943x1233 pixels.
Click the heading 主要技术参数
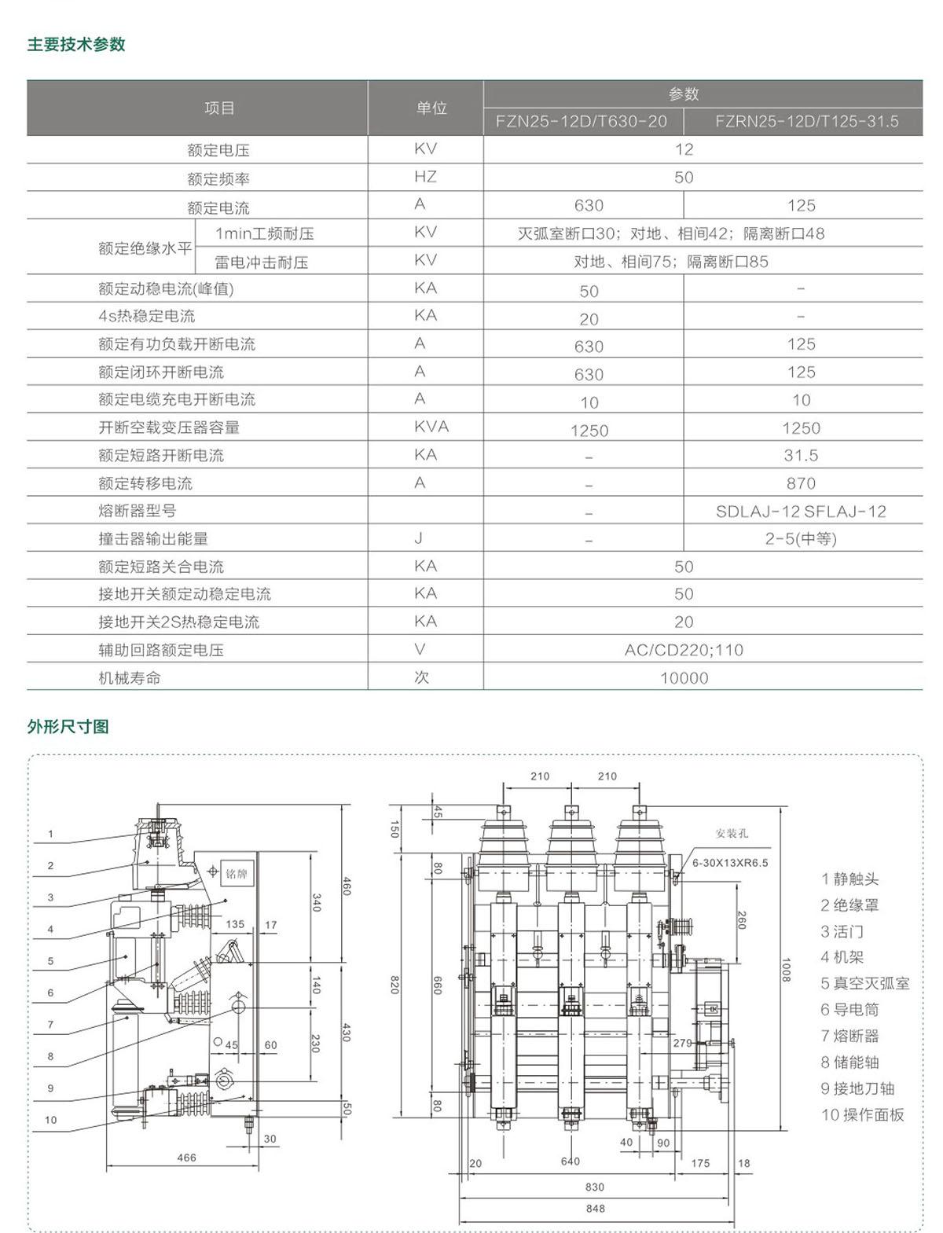[76, 45]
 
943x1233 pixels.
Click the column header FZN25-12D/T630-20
[582, 122]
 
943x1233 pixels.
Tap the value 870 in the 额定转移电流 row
[801, 483]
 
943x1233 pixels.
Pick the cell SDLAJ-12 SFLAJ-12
[801, 512]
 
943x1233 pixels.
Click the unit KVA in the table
[431, 427]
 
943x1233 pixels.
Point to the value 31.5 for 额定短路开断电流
[801, 456]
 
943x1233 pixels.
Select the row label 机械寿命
[130, 677]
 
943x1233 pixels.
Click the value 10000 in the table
[684, 678]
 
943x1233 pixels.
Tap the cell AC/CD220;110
[684, 650]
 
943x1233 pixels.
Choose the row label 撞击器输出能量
[153, 539]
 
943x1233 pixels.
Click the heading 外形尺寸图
[68, 727]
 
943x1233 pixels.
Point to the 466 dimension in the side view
[186, 1158]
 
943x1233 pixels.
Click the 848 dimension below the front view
[595, 1209]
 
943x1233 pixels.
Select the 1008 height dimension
[785, 970]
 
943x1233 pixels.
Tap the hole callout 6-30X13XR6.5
[730, 863]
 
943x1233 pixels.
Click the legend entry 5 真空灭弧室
[864, 984]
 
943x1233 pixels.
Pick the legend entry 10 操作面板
[862, 1115]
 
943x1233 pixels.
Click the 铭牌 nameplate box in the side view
[237, 874]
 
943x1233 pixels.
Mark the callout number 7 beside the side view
[50, 1025]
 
